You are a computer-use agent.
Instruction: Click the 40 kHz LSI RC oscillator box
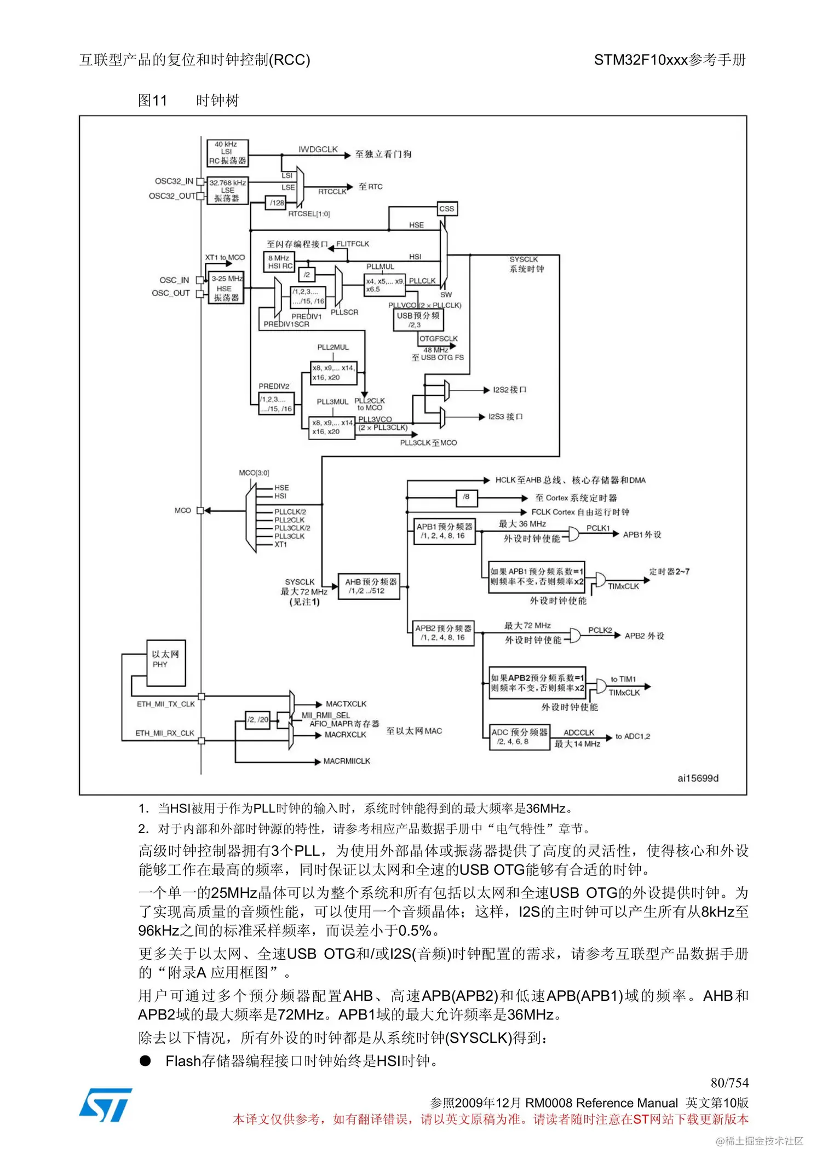pos(227,153)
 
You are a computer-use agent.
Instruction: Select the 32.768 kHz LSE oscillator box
pos(227,191)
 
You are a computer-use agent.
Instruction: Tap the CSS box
pos(447,209)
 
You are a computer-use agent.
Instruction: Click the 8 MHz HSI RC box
pos(280,262)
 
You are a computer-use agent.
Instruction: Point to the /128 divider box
pos(276,203)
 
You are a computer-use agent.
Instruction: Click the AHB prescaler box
pos(370,586)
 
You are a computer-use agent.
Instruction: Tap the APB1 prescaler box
pos(444,531)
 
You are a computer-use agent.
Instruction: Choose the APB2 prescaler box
pos(443,633)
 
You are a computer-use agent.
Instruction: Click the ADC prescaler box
pos(519,737)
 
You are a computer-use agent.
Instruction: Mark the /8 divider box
pos(467,497)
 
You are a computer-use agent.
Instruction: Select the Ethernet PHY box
pos(166,662)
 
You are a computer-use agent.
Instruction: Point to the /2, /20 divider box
pos(258,719)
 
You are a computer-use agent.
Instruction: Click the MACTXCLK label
pos(346,704)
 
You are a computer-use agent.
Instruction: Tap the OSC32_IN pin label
pos(174,181)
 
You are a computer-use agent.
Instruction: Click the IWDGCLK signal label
pos(318,149)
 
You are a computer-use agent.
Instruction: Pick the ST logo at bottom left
pos(106,1105)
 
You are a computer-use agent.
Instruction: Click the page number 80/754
pos(729,1082)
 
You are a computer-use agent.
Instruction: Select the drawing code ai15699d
pos(698,778)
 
